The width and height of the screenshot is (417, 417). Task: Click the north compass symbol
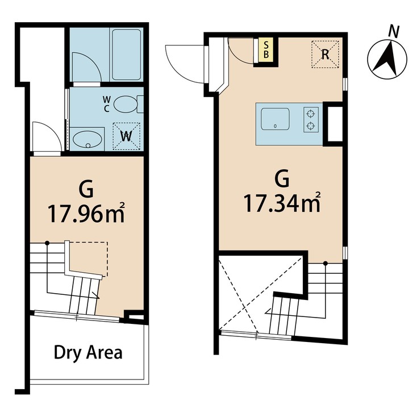pyautogui.click(x=387, y=60)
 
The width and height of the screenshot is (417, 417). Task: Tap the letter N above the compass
pyautogui.click(x=392, y=32)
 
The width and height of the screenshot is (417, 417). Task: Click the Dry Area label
pyautogui.click(x=88, y=352)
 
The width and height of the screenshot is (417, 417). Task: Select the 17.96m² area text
pyautogui.click(x=86, y=214)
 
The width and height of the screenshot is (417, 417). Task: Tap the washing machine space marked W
pyautogui.click(x=127, y=136)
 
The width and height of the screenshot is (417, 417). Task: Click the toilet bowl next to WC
pyautogui.click(x=126, y=105)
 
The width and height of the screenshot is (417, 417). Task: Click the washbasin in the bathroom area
pyautogui.click(x=87, y=139)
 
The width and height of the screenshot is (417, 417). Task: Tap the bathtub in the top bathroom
pyautogui.click(x=126, y=54)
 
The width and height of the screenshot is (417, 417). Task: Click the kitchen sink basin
pyautogui.click(x=276, y=120)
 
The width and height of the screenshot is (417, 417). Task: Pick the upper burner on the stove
pyautogui.click(x=310, y=112)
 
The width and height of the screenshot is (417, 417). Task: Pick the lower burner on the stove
pyautogui.click(x=310, y=126)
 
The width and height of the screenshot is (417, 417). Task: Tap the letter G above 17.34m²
pyautogui.click(x=282, y=178)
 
